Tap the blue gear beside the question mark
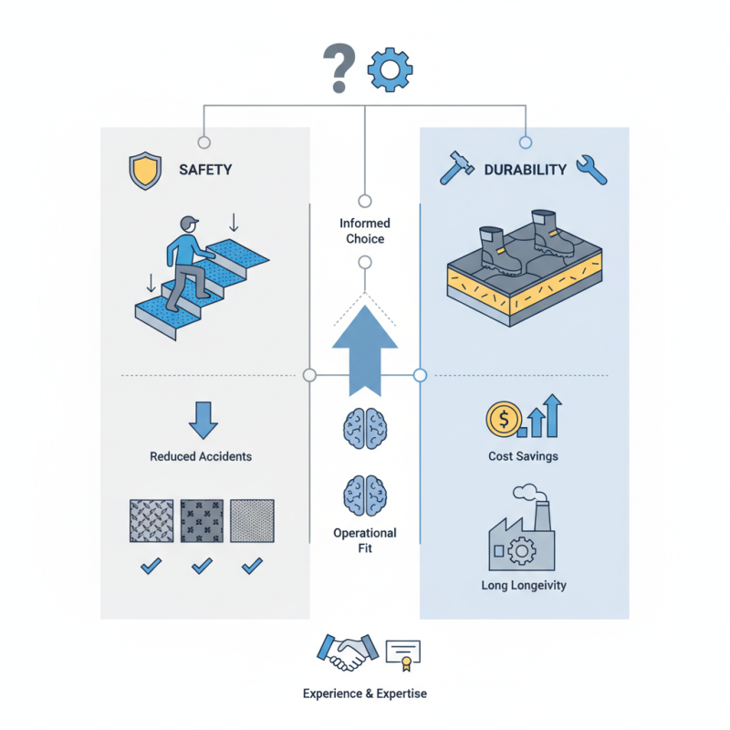[390, 69]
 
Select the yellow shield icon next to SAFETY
[145, 171]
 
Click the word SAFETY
[205, 170]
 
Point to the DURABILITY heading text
[525, 170]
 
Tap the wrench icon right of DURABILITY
[592, 170]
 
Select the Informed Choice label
[365, 231]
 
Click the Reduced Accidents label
[201, 456]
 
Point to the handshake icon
[345, 652]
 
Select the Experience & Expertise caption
[365, 693]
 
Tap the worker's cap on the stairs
[189, 222]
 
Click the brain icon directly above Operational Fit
[364, 494]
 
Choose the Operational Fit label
[365, 540]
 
